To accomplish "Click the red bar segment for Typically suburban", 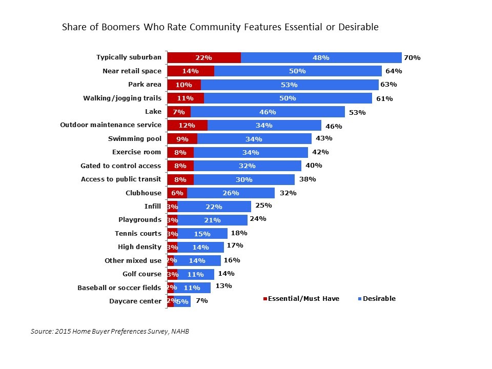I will click(204, 58).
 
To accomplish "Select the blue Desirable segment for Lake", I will click(268, 112).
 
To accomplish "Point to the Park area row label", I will click(145, 85).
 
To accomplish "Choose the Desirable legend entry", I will click(379, 299).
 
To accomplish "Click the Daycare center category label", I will click(135, 301).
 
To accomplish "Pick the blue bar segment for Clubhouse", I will click(231, 193).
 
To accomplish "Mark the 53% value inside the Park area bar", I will click(289, 85).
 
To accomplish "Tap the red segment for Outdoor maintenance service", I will click(187, 125).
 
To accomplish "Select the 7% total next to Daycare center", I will click(201, 301).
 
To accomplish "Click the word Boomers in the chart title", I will click(110, 27).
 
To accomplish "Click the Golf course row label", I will click(142, 274).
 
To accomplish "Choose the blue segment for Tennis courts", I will click(202, 233).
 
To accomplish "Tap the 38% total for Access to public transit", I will click(307, 179).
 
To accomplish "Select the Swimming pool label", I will click(135, 138).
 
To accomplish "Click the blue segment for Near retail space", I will click(298, 71).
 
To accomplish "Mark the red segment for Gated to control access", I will click(180, 166).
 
